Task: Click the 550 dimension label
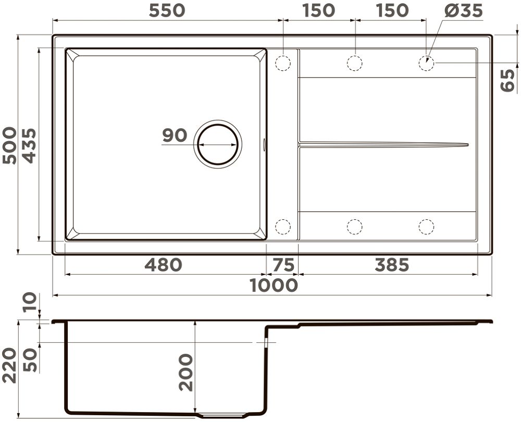[x=167, y=10]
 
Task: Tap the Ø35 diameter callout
[x=464, y=10]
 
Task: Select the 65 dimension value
[x=507, y=80]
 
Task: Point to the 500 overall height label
[x=9, y=145]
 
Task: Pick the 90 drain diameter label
[x=175, y=135]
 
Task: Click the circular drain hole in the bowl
[x=218, y=144]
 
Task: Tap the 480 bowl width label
[x=164, y=265]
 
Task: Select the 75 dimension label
[x=283, y=265]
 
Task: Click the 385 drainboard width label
[x=392, y=265]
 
